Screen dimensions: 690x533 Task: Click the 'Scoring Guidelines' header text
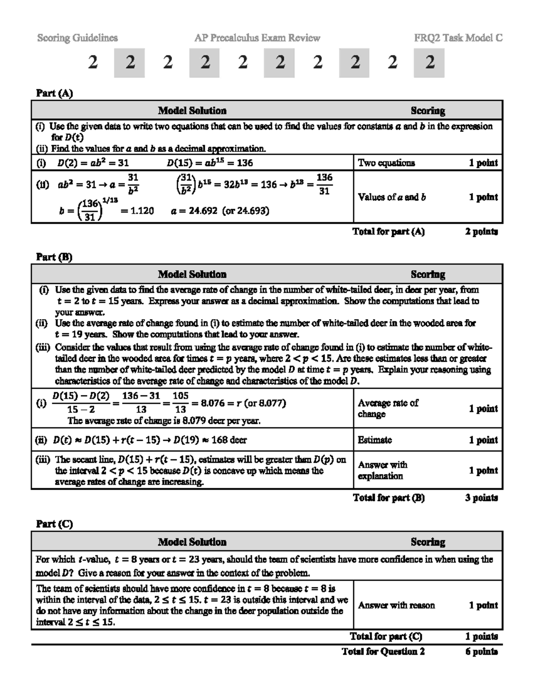(77, 38)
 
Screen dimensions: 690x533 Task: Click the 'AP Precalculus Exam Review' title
(257, 38)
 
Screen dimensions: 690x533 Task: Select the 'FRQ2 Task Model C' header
(458, 38)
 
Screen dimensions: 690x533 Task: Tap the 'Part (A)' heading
(54, 93)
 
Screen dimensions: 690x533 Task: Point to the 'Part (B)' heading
(54, 257)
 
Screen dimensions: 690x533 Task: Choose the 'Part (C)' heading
(54, 524)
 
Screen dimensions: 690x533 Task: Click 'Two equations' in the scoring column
(386, 163)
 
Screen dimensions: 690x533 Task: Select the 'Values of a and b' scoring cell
(392, 197)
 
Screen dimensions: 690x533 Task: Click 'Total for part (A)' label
(388, 231)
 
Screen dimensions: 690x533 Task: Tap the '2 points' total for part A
(481, 231)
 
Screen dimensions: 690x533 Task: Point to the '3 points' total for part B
(481, 498)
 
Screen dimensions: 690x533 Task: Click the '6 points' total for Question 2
(481, 651)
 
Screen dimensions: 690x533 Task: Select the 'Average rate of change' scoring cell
(388, 408)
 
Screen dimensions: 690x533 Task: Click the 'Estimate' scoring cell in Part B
(375, 440)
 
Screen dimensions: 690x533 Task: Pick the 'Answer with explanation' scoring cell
(382, 470)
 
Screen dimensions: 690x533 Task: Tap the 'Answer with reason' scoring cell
(396, 605)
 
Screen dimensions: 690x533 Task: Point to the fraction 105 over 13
(180, 403)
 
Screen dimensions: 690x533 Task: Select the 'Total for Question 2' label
(383, 651)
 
